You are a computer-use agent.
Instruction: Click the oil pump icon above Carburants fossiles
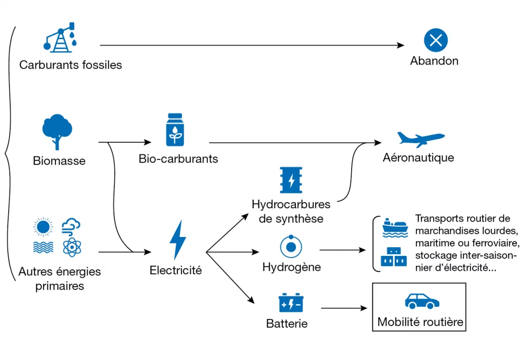(60, 37)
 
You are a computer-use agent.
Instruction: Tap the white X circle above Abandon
(436, 40)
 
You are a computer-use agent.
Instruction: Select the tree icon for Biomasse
(57, 132)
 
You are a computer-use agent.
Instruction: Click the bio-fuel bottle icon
(175, 130)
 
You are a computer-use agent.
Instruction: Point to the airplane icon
(421, 139)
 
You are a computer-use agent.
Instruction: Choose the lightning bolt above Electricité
(177, 240)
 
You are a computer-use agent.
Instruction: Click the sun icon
(43, 227)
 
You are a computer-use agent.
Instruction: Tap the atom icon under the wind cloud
(72, 247)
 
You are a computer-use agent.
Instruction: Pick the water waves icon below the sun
(43, 247)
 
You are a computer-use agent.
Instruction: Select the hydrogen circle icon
(291, 247)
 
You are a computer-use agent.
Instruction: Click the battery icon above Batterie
(291, 303)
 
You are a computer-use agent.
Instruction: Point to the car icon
(422, 301)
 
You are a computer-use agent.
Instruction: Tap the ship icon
(395, 228)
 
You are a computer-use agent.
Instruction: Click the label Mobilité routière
(420, 322)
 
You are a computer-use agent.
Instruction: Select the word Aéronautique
(418, 157)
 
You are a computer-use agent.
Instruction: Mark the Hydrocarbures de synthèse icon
(291, 180)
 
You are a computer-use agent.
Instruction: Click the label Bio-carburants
(178, 158)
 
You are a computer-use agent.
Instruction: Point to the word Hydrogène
(292, 267)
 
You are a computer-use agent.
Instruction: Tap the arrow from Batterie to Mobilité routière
(344, 308)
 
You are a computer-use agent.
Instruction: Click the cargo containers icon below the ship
(394, 257)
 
